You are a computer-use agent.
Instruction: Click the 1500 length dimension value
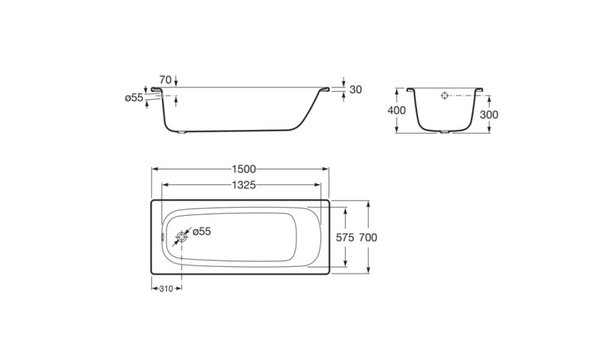pos(244,169)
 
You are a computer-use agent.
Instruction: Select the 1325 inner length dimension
pos(244,184)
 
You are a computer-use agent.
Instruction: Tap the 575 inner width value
pos(345,238)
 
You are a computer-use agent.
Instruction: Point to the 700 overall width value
pos(368,238)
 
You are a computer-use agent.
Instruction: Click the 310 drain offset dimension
pos(166,289)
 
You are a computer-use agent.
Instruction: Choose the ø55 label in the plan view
pos(201,231)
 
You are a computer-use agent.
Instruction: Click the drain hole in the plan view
pos(182,237)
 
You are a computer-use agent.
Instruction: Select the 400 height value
pos(397,111)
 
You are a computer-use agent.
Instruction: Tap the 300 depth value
pos(489,114)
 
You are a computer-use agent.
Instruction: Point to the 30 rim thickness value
pos(355,90)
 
